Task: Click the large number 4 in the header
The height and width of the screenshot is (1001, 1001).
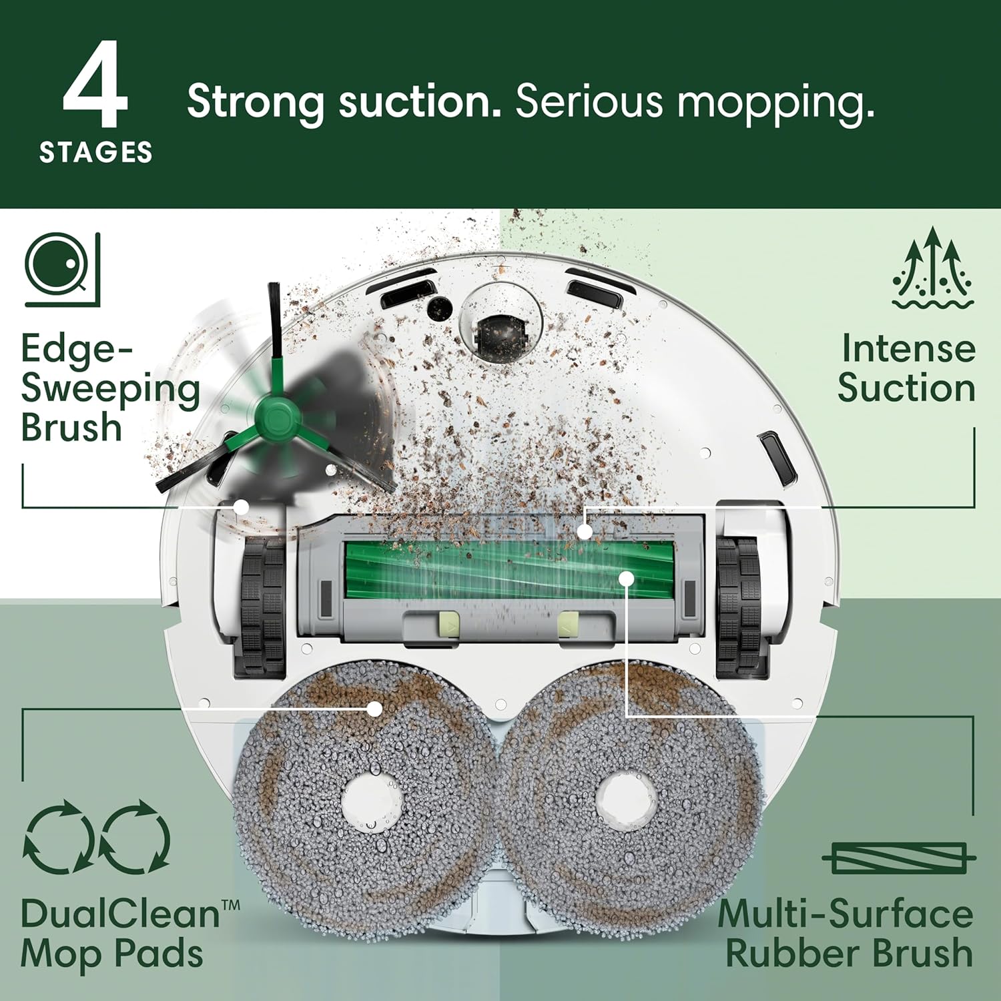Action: [x=95, y=85]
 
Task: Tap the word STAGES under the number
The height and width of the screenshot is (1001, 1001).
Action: [x=96, y=153]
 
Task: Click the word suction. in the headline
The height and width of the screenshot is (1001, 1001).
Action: [x=419, y=101]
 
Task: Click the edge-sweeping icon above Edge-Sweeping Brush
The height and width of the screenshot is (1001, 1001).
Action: [x=62, y=269]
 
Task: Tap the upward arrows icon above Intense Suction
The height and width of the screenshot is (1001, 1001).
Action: [x=933, y=268]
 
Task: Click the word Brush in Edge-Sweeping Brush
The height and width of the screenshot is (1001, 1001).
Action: [x=71, y=428]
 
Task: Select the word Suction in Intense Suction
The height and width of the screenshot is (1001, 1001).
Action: [x=906, y=388]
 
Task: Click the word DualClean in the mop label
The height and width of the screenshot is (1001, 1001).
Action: [x=120, y=914]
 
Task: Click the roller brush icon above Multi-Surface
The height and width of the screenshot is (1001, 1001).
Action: [x=899, y=858]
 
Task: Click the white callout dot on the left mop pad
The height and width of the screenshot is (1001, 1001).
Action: [x=376, y=709]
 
